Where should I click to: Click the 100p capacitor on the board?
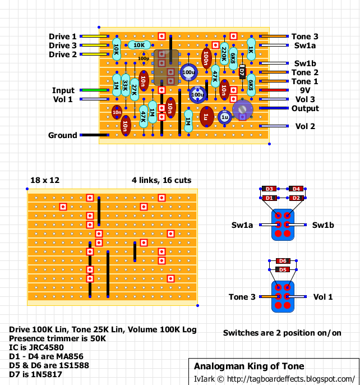(144, 58)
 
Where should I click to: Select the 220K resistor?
(224, 54)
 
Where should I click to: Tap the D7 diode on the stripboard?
(242, 72)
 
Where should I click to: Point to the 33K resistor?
(126, 85)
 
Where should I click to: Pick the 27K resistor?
(135, 90)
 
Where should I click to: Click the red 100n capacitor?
(206, 58)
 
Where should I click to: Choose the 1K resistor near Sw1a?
(251, 49)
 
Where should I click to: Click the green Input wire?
(94, 90)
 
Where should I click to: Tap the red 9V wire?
(274, 90)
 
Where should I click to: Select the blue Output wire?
(274, 108)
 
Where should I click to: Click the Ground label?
(63, 135)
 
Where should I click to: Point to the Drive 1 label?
(63, 36)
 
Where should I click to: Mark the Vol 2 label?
(305, 126)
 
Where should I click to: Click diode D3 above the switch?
(269, 189)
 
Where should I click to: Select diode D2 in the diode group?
(296, 198)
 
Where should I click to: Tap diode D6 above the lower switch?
(283, 261)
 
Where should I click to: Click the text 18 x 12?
(45, 180)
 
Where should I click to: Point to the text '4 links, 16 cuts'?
(161, 180)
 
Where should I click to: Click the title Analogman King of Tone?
(249, 366)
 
